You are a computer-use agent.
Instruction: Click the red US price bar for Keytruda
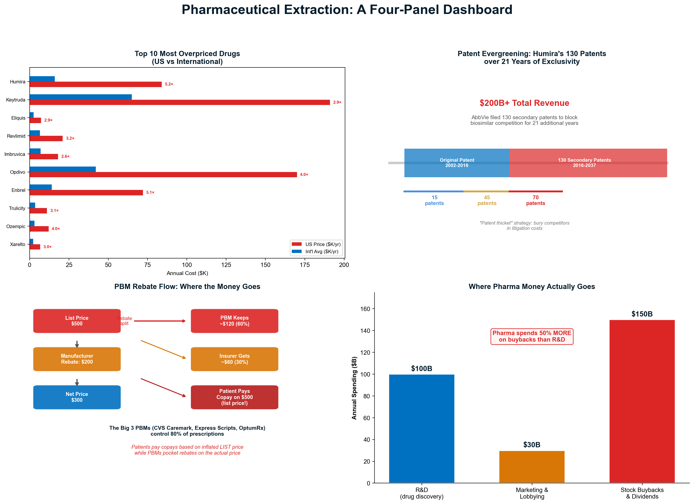coord(180,102)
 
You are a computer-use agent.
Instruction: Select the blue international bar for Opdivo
coord(63,169)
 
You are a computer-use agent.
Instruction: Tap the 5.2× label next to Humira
coord(169,84)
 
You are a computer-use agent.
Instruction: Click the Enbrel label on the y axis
coord(18,190)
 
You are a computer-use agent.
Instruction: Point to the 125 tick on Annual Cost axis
coord(226,265)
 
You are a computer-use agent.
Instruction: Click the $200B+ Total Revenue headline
coord(524,103)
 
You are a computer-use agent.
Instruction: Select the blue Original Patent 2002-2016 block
coord(457,163)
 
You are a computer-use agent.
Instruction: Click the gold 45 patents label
coord(487,200)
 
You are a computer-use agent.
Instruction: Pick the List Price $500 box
coord(77,321)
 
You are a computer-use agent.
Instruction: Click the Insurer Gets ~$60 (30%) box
coord(234,359)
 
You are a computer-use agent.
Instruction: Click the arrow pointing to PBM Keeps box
coord(160,321)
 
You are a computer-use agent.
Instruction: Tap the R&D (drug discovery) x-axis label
coord(421,493)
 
